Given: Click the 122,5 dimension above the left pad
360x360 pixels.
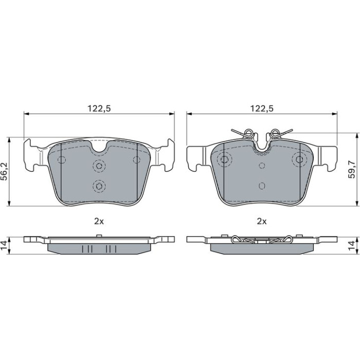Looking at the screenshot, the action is [x=99, y=109].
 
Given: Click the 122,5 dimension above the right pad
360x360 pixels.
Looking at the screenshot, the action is [x=262, y=109].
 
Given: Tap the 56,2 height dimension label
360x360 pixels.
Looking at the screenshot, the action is [x=5, y=172].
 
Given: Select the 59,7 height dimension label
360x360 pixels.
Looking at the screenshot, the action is [x=351, y=169].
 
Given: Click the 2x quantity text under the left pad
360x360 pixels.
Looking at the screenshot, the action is [x=99, y=221].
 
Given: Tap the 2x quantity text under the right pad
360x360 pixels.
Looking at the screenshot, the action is [x=262, y=221].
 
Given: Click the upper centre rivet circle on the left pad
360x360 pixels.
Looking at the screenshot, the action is [x=99, y=166].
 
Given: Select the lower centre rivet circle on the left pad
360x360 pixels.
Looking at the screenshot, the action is [x=99, y=186].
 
